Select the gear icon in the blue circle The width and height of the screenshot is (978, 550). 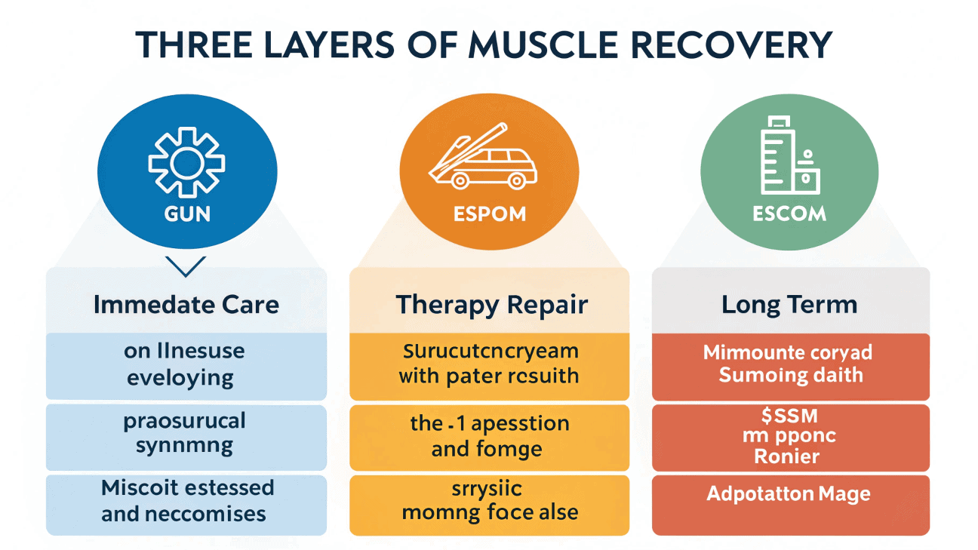[x=186, y=161]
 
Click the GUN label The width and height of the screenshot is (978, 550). [x=186, y=214]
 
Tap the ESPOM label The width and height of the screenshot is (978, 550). [x=488, y=214]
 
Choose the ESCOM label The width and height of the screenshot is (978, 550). [x=789, y=214]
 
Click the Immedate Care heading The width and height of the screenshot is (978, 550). [x=186, y=305]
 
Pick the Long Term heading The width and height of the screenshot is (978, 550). [x=789, y=305]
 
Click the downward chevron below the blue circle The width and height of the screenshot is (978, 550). [x=185, y=266]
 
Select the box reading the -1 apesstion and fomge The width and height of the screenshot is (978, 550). [x=489, y=437]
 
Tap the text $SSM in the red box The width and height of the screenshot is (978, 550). [x=789, y=416]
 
